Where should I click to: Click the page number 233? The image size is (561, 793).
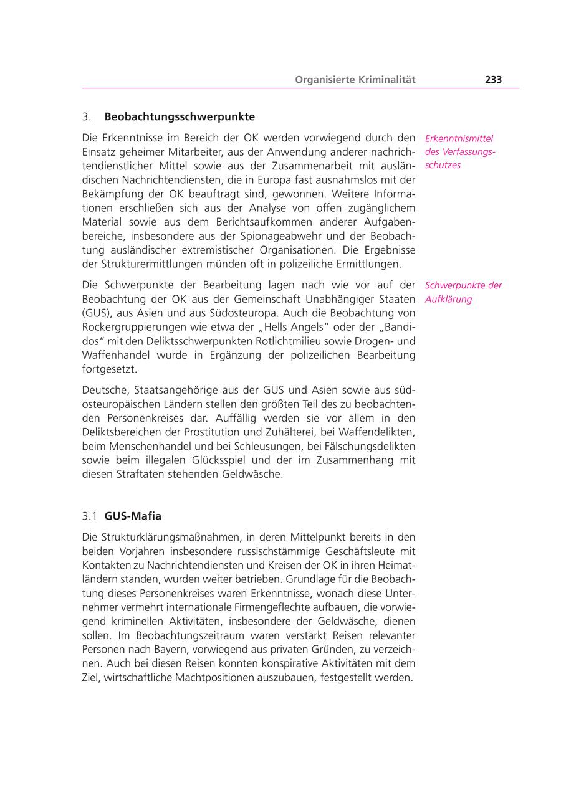point(493,80)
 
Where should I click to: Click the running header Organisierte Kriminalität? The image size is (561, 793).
point(355,80)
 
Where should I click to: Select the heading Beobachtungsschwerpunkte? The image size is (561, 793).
point(180,116)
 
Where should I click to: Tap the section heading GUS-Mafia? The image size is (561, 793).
point(133,516)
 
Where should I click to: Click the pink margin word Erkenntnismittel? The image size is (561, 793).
point(459,138)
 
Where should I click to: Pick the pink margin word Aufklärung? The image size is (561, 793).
point(448,299)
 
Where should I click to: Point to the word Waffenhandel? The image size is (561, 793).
point(112,355)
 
